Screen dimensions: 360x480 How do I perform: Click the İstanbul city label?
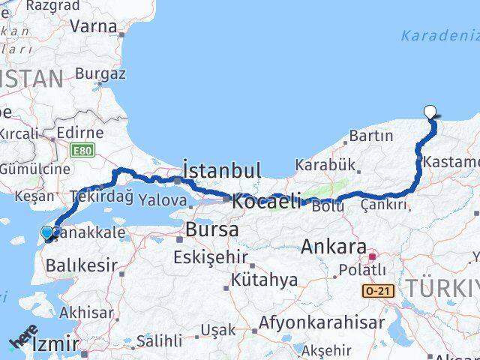(x=222, y=170)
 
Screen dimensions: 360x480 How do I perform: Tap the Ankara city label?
(x=335, y=247)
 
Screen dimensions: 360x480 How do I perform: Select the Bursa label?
(x=212, y=229)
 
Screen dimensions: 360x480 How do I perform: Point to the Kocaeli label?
(x=266, y=201)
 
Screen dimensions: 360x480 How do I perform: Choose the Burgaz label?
(x=100, y=73)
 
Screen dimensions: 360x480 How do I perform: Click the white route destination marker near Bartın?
(x=430, y=112)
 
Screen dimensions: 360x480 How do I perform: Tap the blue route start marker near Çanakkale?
(x=48, y=233)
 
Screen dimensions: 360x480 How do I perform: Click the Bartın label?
(x=371, y=136)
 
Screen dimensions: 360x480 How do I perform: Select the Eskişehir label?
(x=210, y=257)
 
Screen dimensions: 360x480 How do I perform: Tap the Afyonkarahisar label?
(x=322, y=323)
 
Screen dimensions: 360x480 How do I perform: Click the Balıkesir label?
(x=82, y=265)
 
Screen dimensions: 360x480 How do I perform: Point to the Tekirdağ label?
(x=101, y=196)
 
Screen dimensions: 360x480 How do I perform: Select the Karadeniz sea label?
(x=439, y=35)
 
